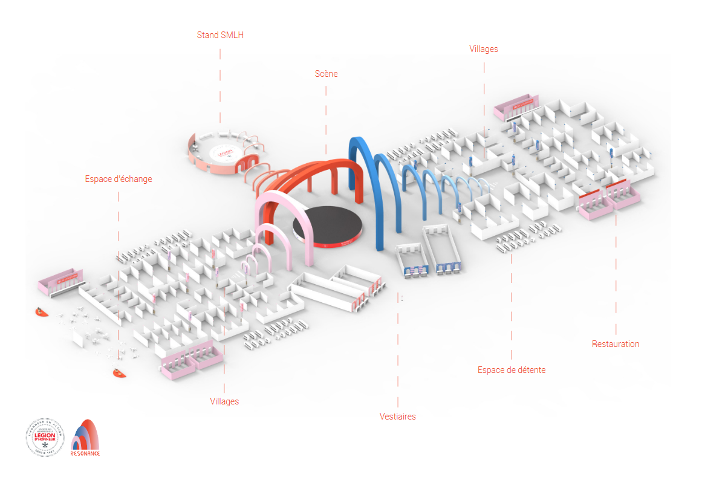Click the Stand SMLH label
point(220,35)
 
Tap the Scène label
point(326,74)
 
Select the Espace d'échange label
point(119,179)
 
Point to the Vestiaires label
point(397,417)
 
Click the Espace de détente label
point(511,370)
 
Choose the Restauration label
point(615,344)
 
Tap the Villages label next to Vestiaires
point(224,401)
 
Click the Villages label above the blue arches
point(484,49)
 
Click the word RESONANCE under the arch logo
point(85,453)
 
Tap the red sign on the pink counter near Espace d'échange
point(67,279)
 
